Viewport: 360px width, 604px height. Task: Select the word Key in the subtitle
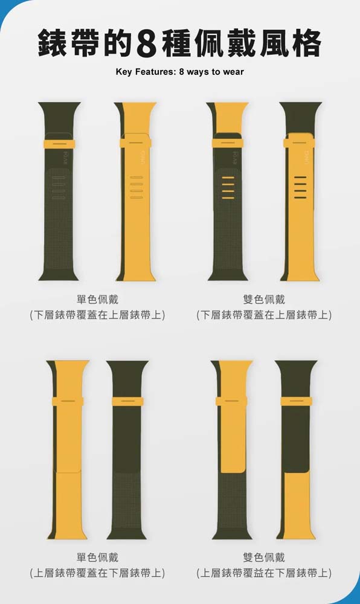click(124, 72)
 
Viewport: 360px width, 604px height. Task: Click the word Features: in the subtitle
click(156, 72)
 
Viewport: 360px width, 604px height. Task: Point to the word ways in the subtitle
click(198, 72)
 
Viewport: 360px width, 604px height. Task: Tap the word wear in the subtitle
click(233, 72)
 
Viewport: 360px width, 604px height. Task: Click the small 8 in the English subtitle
click(181, 72)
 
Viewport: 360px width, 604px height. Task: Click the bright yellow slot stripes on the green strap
click(228, 188)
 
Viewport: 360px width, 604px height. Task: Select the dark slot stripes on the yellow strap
click(300, 188)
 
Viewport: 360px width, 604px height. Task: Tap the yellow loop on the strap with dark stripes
click(299, 143)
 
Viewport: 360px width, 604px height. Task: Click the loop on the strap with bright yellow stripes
click(228, 143)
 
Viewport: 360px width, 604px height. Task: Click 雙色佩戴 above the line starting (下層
click(264, 300)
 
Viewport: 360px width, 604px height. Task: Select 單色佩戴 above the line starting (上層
click(97, 557)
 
